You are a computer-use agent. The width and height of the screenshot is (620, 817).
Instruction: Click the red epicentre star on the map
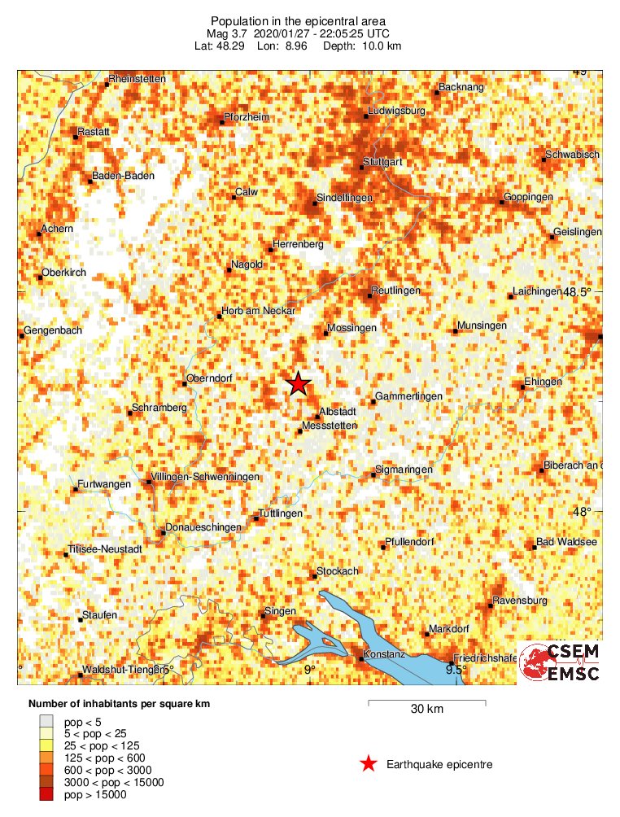(299, 383)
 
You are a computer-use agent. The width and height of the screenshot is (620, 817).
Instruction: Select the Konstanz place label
(383, 654)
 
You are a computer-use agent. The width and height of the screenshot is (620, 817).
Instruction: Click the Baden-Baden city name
(123, 175)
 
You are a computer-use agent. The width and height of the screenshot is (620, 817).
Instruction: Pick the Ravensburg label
(521, 601)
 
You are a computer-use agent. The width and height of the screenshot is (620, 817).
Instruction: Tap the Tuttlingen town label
(280, 513)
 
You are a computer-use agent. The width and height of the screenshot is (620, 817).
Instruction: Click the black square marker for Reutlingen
(369, 295)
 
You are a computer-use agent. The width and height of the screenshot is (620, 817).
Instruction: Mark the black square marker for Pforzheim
(221, 123)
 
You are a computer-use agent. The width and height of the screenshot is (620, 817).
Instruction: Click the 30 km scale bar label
(426, 709)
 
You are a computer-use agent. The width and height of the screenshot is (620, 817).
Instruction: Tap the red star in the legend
(369, 763)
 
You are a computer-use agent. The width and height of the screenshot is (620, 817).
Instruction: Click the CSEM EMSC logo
(560, 662)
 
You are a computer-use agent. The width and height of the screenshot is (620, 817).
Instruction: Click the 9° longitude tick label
(309, 669)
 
